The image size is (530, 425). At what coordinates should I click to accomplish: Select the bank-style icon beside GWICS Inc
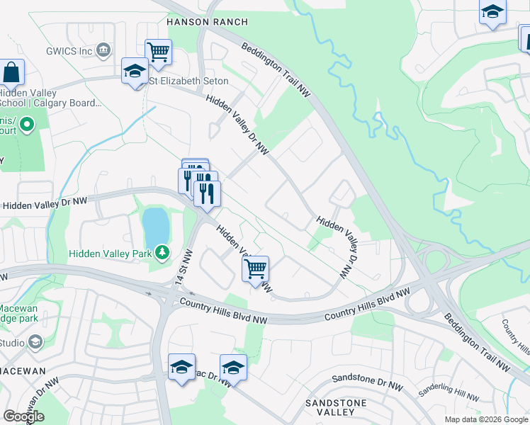coord(103,50)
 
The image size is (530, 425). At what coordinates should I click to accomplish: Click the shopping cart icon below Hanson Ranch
coord(158,51)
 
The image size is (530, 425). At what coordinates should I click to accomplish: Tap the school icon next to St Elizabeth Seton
coord(134,72)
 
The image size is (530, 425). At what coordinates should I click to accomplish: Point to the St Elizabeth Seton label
coord(188,81)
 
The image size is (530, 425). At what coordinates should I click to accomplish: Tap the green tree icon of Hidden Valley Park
coord(163,251)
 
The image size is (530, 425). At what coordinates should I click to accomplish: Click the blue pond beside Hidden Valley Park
coord(156,226)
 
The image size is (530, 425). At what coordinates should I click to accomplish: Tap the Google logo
coord(23,416)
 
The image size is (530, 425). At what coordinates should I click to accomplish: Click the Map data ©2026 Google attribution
coord(485,419)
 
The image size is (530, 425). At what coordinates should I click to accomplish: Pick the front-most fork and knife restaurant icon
coord(207,193)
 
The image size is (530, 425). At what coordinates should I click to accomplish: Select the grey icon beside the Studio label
coord(34,343)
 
